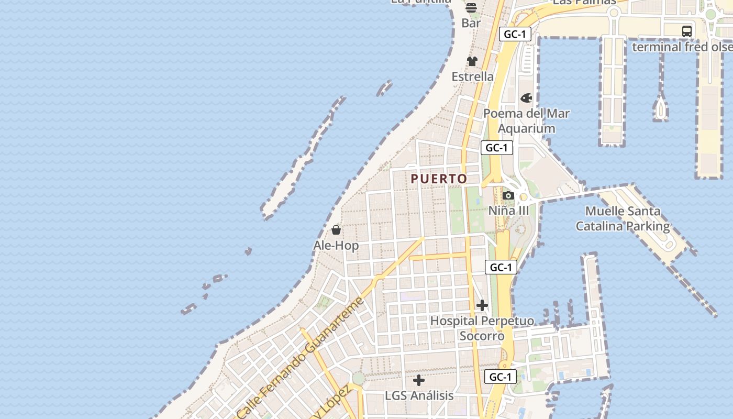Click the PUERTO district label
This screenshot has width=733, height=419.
coord(439,179)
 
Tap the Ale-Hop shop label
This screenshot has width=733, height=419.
coord(336,246)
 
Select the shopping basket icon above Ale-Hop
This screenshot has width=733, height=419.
coord(336,230)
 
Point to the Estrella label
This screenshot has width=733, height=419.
coord(473,76)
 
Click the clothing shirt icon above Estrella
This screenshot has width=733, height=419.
coord(472,61)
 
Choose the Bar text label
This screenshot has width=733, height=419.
coord(471,23)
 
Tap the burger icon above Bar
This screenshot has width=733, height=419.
coord(471,7)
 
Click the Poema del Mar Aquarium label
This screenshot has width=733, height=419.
coord(526,121)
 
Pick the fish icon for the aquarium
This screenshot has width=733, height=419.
coord(526,98)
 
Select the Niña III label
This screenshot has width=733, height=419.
coord(508,211)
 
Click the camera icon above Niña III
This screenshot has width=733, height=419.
coord(508,196)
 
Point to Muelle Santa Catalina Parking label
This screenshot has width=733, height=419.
coord(623,219)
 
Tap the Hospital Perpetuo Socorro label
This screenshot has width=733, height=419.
coord(482,328)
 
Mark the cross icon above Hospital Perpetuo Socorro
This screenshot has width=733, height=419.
coord(482,305)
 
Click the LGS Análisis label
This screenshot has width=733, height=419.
coord(419,395)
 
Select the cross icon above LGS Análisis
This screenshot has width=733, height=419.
coord(419,380)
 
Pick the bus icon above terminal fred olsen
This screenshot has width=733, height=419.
coord(687,31)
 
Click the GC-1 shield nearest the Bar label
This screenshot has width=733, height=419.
coord(515,35)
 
